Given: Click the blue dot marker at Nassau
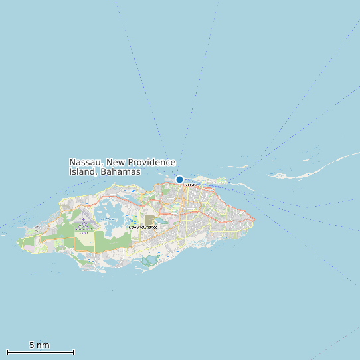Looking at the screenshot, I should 179,179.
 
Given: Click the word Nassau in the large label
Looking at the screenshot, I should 86,163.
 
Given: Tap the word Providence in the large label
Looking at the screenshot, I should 151,163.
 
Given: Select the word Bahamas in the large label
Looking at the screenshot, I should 122,172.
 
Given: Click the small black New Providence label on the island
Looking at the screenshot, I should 143,227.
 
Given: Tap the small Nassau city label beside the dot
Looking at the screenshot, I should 189,185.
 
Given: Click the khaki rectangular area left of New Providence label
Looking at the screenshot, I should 149,219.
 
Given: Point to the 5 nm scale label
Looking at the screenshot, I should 39,345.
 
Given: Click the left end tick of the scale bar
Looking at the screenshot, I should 7,351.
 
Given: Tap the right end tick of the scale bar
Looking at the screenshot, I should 74,351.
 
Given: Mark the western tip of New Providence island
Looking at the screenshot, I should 18,242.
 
